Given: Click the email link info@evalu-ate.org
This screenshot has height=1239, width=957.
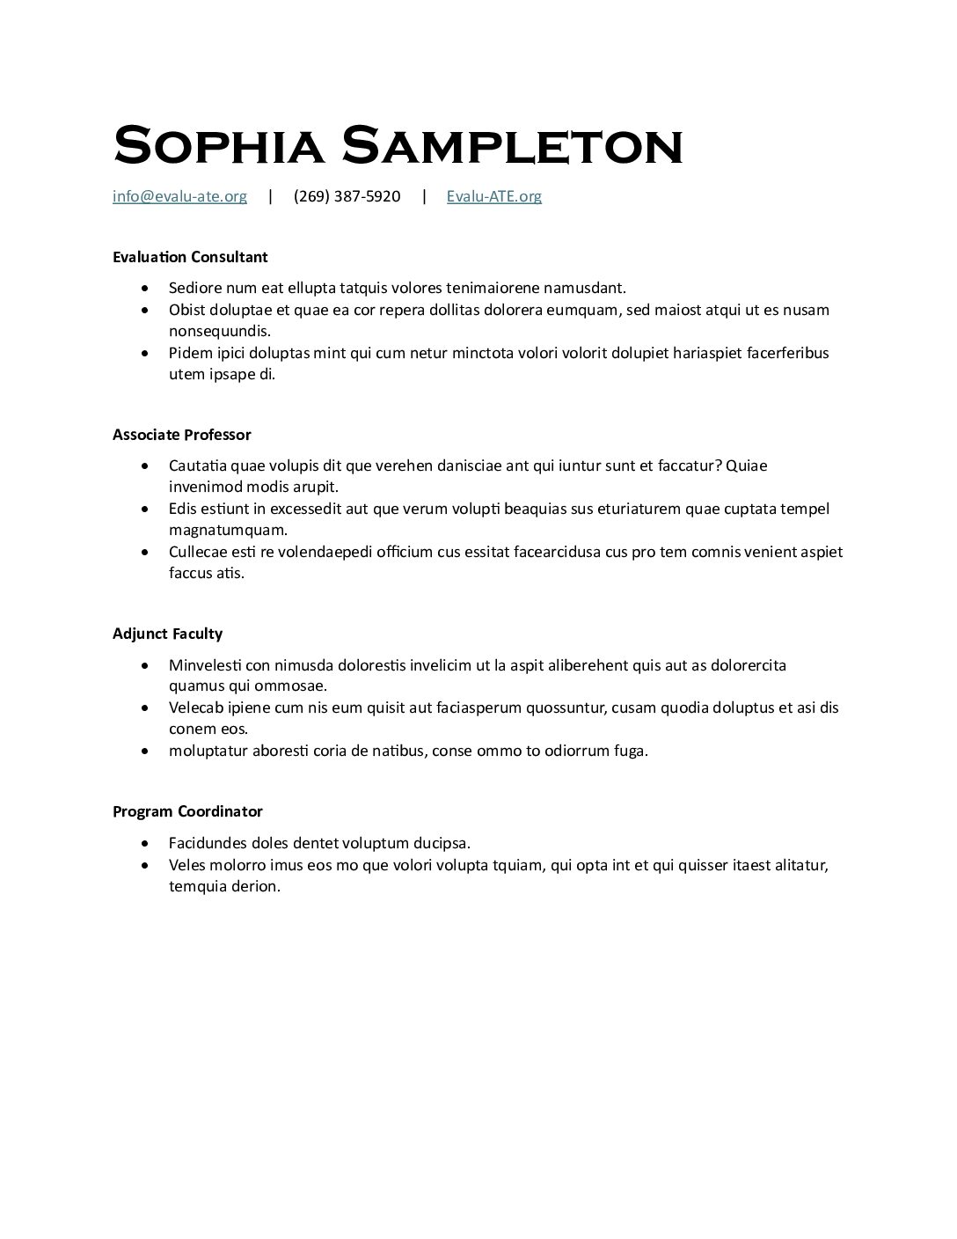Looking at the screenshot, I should (179, 196).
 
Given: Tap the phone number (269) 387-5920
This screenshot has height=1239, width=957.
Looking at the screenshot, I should (347, 196).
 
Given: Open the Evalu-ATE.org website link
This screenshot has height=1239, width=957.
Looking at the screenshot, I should (493, 196).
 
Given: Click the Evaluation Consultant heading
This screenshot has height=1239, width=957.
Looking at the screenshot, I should (190, 257).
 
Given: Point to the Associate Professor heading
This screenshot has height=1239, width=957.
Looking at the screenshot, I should (181, 435).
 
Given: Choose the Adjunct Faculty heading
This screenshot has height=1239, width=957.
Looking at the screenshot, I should (167, 634).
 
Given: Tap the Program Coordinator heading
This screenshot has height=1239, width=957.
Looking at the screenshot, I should (187, 811).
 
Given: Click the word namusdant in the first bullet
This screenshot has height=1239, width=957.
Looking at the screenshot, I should (583, 288).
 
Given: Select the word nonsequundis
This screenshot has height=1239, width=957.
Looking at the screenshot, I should (219, 331).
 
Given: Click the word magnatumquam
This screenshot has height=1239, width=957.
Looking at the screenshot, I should (228, 530).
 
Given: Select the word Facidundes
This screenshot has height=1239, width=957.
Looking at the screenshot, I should (208, 843).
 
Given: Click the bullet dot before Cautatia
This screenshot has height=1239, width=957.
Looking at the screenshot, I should (145, 466).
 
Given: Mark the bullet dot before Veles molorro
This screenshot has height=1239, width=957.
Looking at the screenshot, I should (145, 865).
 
